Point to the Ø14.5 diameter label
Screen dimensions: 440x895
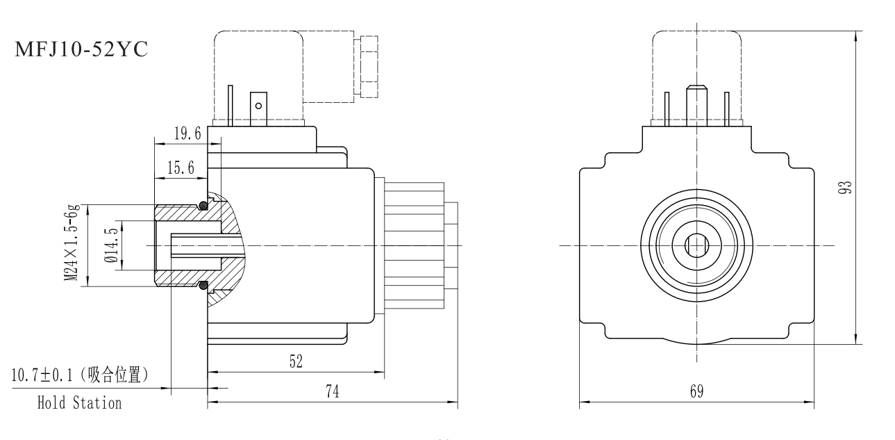(x=109, y=245)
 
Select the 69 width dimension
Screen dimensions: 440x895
(x=696, y=391)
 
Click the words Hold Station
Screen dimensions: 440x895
(x=79, y=402)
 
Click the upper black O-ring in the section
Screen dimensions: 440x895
(x=203, y=205)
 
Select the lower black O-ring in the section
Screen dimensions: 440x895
(x=203, y=284)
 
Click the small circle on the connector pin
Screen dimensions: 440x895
(x=258, y=107)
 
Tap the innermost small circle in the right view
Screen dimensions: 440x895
(x=696, y=246)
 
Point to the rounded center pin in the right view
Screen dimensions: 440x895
(x=695, y=104)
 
